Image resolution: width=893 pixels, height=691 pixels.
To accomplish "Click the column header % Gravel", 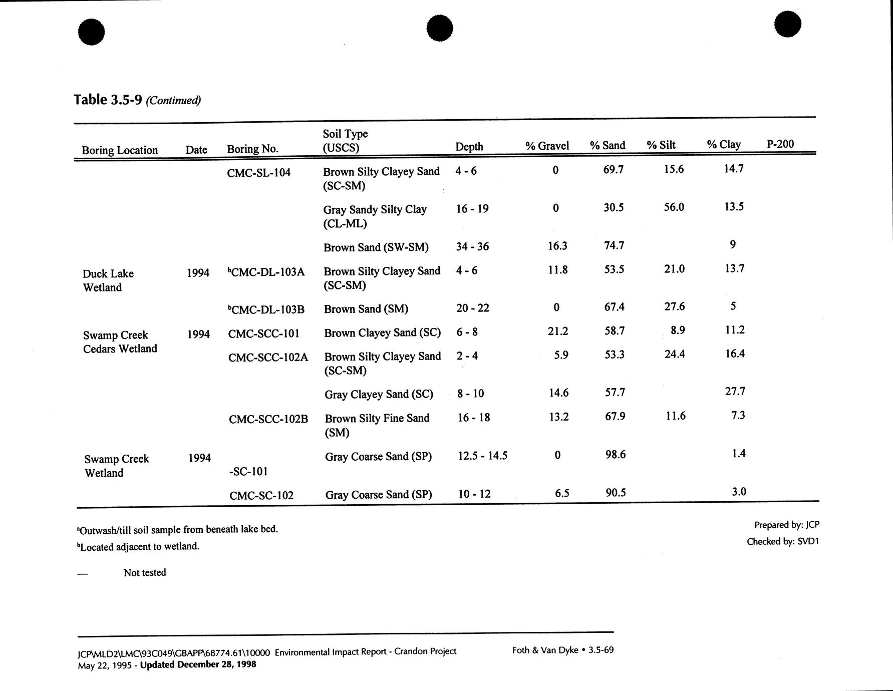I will point(547,146).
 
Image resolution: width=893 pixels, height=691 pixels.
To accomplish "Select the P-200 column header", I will point(780,144).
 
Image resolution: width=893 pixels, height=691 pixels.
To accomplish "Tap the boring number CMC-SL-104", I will point(258,173).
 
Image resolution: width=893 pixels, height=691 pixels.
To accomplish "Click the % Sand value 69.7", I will point(614,170).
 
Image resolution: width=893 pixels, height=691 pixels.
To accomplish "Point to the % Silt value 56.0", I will point(674,207).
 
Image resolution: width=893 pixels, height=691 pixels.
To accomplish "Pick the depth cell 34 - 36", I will point(472,246).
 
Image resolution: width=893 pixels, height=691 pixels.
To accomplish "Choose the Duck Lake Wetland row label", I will point(108,280).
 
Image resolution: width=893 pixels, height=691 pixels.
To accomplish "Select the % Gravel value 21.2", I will point(558,331).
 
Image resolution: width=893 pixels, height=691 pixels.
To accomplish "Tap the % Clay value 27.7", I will point(735,392).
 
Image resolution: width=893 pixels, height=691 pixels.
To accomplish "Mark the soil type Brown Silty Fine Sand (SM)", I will point(377,425).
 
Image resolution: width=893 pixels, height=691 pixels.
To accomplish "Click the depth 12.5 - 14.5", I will point(483,456).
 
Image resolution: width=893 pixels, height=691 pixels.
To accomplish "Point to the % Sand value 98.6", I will point(615,455).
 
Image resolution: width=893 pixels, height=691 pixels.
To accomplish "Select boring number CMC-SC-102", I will point(261,496).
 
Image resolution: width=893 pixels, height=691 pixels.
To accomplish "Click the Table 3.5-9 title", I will point(137,100).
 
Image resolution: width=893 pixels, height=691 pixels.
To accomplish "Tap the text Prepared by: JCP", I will point(786,525).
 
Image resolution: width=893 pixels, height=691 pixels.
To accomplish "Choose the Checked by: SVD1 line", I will point(782,541).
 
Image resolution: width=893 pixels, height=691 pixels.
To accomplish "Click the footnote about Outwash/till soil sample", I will point(178,529).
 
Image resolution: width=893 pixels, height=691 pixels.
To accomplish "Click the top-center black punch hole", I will point(440,28).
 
